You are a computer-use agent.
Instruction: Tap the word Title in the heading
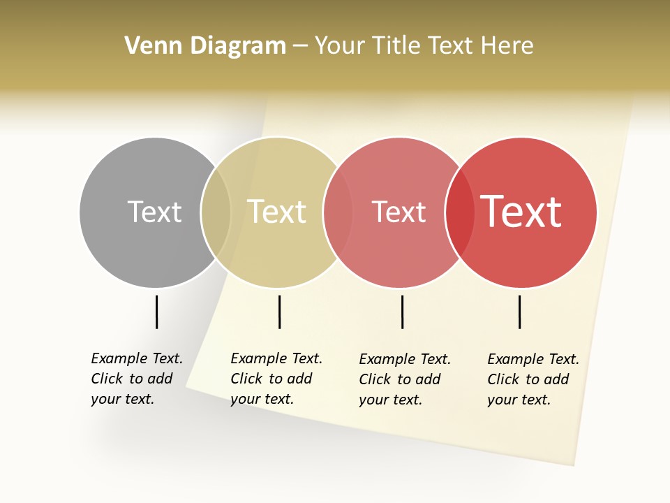pyautogui.click(x=395, y=45)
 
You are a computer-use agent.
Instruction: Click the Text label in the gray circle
pyautogui.click(x=154, y=212)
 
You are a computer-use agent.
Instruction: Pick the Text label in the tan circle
pyautogui.click(x=276, y=212)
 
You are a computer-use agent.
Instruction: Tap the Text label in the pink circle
pyautogui.click(x=399, y=212)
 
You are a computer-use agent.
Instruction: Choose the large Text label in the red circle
pyautogui.click(x=521, y=212)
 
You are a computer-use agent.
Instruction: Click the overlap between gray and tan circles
pyautogui.click(x=216, y=212)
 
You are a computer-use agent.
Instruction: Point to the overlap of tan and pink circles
pyautogui.click(x=338, y=212)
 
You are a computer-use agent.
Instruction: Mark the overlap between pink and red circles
pyautogui.click(x=459, y=212)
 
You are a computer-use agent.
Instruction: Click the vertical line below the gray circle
pyautogui.click(x=156, y=312)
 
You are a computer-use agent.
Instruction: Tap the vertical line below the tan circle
pyautogui.click(x=279, y=312)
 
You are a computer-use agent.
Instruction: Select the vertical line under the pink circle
pyautogui.click(x=402, y=312)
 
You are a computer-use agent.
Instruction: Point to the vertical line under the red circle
pyautogui.click(x=519, y=312)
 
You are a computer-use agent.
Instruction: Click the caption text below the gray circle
pyautogui.click(x=137, y=379)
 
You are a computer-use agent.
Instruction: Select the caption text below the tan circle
pyautogui.click(x=276, y=379)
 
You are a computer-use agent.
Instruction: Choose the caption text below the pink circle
pyautogui.click(x=405, y=379)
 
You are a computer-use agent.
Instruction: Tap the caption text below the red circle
pyautogui.click(x=533, y=379)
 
